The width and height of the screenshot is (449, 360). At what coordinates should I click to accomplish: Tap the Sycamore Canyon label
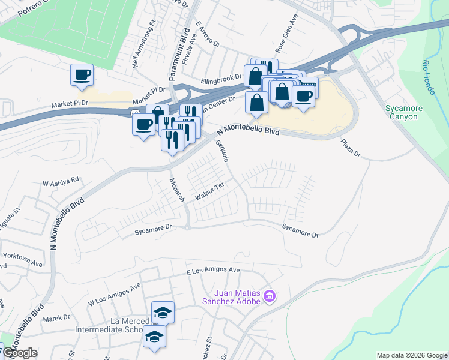pos(402,112)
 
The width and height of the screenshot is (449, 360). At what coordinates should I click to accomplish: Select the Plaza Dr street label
pos(350,149)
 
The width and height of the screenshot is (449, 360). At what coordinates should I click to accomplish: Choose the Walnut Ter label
pos(209,190)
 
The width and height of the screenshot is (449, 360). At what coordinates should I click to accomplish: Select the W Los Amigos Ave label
pos(113,295)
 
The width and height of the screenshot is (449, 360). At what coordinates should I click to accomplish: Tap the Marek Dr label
pos(57,317)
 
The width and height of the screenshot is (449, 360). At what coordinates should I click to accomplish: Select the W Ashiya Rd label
pos(61,179)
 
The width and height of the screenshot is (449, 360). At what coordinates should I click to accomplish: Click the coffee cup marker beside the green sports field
pos(82,75)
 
